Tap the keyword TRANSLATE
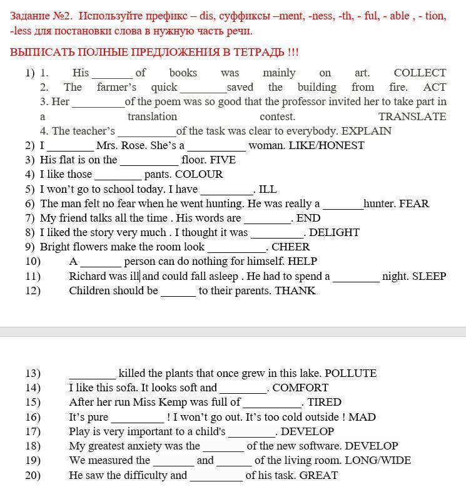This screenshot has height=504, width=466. tap(412, 116)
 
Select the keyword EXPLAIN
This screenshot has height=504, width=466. tap(367, 131)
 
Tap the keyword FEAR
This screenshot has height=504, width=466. tap(414, 203)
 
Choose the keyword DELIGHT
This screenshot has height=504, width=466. tap(334, 232)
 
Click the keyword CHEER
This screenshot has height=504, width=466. tap(291, 247)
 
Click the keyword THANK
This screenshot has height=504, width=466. tap(295, 291)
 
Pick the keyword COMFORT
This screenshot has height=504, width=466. tap(300, 388)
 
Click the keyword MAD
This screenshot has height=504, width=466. tap(362, 417)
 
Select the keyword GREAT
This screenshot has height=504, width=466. tap(318, 475)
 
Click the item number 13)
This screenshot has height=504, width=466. tap(33, 373)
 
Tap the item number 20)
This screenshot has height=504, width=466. tap(33, 475)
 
